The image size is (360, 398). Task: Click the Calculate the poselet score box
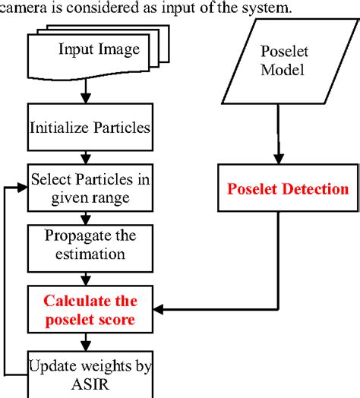pos(90,309)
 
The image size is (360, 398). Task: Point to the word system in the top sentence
pos(238,8)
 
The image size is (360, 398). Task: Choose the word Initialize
pos(58,128)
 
